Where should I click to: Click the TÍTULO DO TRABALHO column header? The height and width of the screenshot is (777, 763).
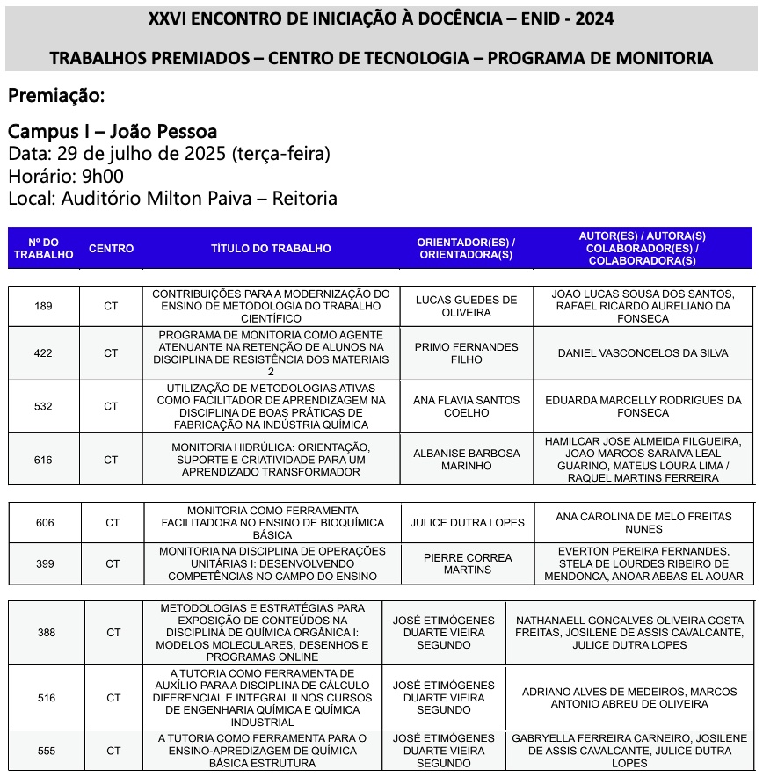point(271,249)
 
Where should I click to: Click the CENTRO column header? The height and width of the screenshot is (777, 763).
point(112,249)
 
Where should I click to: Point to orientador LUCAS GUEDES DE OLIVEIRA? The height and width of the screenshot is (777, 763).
point(466,306)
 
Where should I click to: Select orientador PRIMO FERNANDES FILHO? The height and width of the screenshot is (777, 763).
point(466,353)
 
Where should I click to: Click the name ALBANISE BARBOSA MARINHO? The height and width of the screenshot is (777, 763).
point(466,460)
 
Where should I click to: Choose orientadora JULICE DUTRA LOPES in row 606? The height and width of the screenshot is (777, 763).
point(468,523)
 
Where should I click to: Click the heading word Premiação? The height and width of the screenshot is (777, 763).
point(56,95)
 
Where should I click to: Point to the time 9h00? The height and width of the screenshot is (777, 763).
point(102,176)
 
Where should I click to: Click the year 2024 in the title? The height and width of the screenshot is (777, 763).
point(589,19)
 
